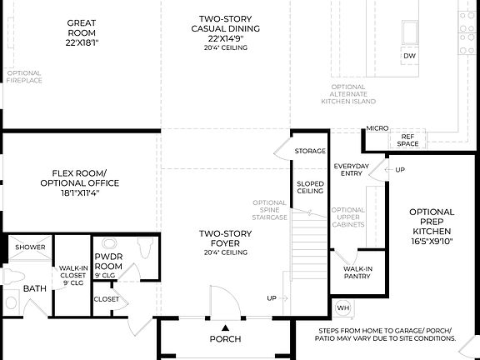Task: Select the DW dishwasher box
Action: click(408, 56)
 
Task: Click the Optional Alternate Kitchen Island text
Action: click(348, 94)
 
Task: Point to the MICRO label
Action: click(377, 128)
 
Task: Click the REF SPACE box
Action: click(407, 140)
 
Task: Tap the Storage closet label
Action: click(310, 151)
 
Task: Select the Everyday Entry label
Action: click(352, 170)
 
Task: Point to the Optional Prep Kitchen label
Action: click(432, 227)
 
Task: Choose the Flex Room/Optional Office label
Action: click(80, 182)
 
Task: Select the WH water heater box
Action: click(342, 307)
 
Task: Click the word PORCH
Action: click(225, 339)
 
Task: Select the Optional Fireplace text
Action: click(23, 77)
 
